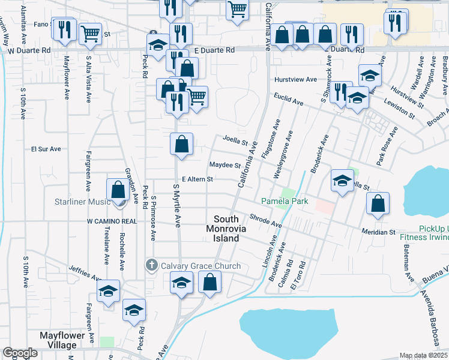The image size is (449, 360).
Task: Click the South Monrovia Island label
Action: pos(231,229)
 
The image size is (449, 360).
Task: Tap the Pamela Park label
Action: pos(284,201)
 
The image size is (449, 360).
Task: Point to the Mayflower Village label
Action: pos(66,340)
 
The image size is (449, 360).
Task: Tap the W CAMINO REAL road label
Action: pos(112,221)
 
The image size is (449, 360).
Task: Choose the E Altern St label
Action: pos(197,179)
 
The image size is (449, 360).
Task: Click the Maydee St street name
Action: pos(224,165)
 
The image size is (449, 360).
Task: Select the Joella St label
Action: pos(236,142)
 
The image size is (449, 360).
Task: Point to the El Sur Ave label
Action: pos(46,148)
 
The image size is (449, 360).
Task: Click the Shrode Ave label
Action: pos(265,221)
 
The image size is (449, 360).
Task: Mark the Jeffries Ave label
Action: pos(84,272)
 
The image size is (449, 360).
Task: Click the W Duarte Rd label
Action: pos(29,51)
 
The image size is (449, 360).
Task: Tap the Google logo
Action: pos(20,353)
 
